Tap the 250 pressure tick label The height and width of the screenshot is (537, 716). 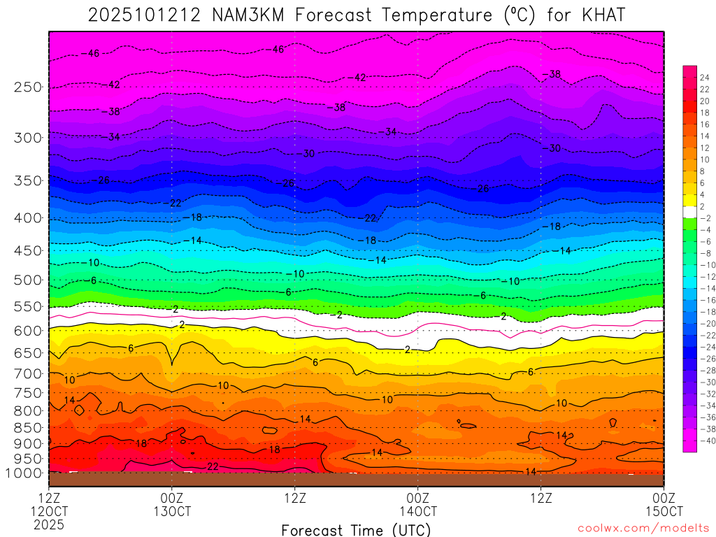coord(28,87)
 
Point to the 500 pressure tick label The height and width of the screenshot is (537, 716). coord(28,280)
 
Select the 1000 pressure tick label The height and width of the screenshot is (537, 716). coord(24,473)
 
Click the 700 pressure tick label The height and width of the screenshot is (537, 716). coord(28,373)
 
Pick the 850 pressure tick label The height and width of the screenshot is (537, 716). coord(28,428)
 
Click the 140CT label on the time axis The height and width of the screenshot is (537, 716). coord(417,511)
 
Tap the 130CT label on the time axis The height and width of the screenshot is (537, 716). coord(172,511)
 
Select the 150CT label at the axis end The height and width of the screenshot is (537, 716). coord(663,511)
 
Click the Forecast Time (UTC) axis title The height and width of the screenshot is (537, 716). coord(357,529)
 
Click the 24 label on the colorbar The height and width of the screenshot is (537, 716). coord(705,78)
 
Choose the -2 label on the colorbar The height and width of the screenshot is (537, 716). coord(705,218)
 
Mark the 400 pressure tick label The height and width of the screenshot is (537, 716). coord(28,218)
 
